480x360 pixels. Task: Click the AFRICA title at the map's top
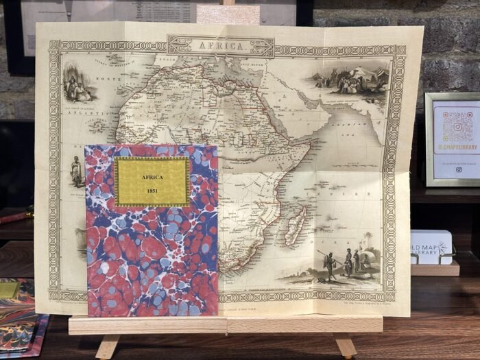pyautogui.click(x=221, y=46)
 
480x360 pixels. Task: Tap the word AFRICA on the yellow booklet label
pyautogui.click(x=152, y=177)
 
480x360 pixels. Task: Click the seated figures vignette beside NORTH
pyautogui.click(x=75, y=86)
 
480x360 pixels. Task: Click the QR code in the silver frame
pyautogui.click(x=456, y=125)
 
